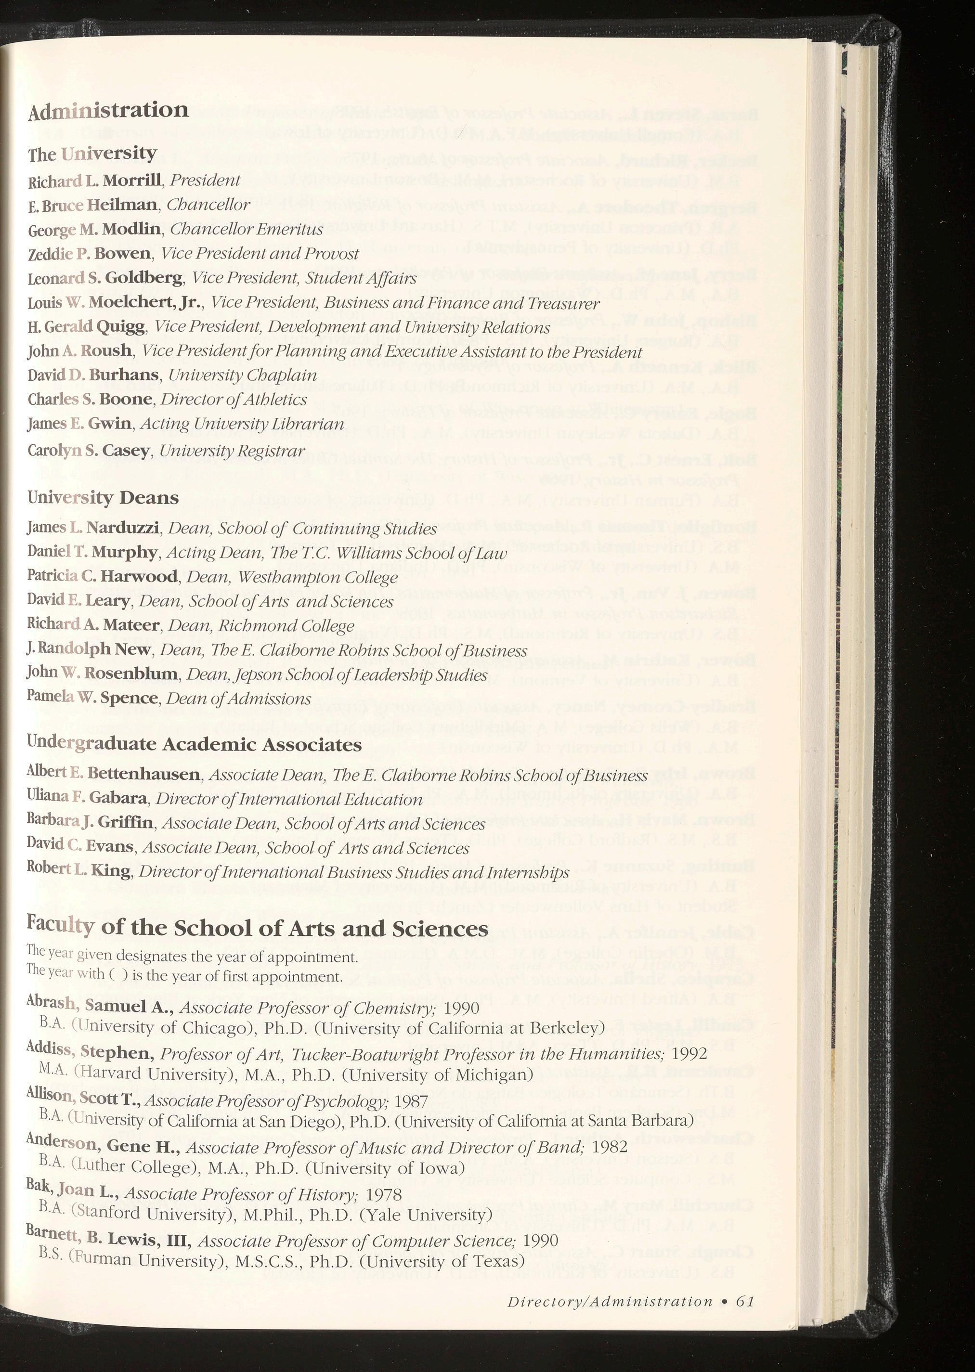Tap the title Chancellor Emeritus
[x=247, y=229]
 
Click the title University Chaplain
[x=243, y=375]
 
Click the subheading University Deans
[x=103, y=498]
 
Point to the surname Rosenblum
[x=131, y=674]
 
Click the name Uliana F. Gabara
[x=87, y=799]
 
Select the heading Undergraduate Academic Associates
[x=195, y=745]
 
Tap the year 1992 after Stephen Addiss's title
[x=690, y=1053]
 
